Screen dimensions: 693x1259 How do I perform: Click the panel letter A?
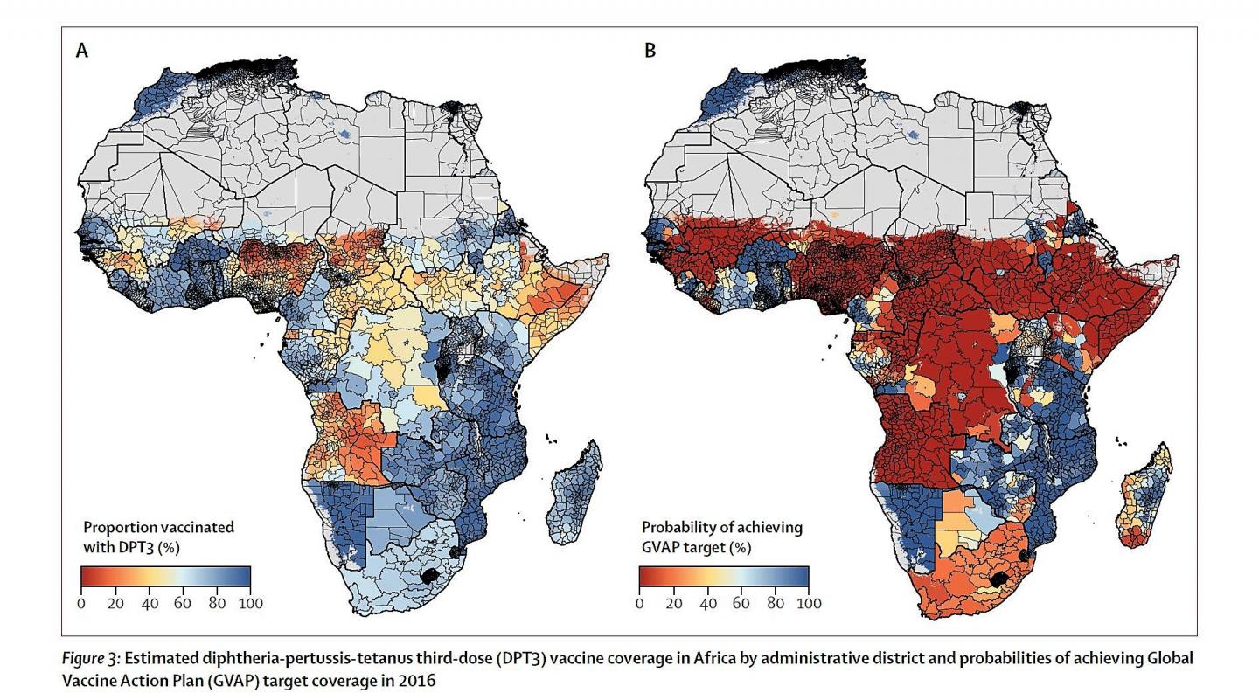pyautogui.click(x=81, y=51)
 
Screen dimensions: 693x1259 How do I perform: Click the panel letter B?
pyautogui.click(x=649, y=51)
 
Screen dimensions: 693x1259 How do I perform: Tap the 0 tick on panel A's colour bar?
pyautogui.click(x=80, y=603)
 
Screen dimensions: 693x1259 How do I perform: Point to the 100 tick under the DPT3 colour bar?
pyautogui.click(x=250, y=603)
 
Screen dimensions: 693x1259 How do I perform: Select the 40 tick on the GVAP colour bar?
pyautogui.click(x=706, y=603)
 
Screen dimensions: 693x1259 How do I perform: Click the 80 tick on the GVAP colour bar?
pyautogui.click(x=775, y=603)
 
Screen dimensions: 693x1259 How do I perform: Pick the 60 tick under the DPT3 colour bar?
pyautogui.click(x=183, y=603)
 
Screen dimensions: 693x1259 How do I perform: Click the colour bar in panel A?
pyautogui.click(x=165, y=577)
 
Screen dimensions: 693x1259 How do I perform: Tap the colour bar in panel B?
pyautogui.click(x=723, y=577)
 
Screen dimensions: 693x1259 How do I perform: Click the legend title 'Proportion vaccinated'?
pyautogui.click(x=158, y=528)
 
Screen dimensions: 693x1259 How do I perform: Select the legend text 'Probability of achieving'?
pyautogui.click(x=722, y=528)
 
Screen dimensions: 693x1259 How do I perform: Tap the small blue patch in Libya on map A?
pyautogui.click(x=347, y=134)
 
